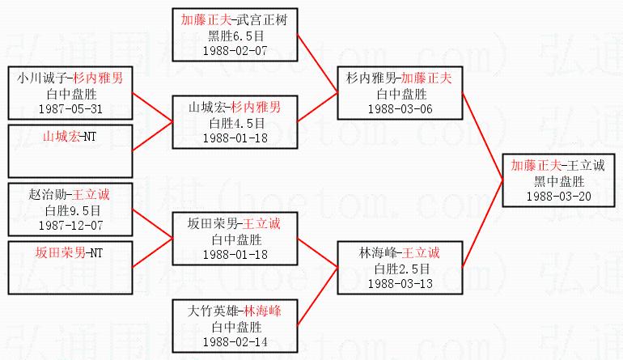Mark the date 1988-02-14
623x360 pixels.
tap(235, 341)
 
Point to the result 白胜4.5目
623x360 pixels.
tap(235, 122)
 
